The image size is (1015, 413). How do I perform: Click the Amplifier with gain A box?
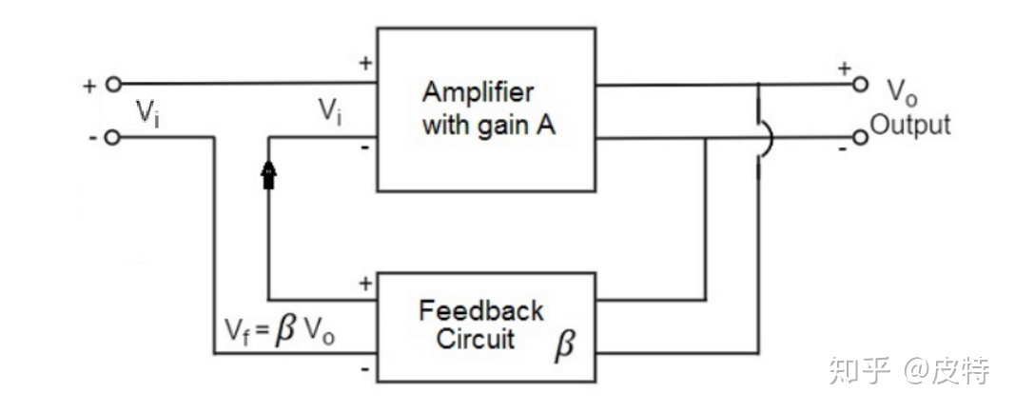(487, 109)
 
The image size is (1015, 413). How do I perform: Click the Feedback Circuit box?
(487, 326)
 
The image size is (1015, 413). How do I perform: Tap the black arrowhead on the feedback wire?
(269, 173)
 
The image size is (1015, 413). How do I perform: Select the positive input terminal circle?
(113, 84)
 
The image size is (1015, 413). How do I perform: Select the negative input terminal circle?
(113, 138)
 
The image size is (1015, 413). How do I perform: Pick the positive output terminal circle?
(860, 84)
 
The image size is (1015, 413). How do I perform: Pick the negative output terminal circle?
(860, 138)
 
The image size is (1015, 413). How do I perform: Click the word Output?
(911, 125)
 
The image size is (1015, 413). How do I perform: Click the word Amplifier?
(478, 93)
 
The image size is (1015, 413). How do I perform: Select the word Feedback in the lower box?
(480, 311)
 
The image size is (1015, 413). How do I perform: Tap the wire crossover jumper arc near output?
(767, 138)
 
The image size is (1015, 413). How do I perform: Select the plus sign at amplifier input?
(365, 64)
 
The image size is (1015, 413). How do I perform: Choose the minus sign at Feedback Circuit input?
(365, 367)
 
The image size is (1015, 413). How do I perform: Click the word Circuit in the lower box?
(476, 340)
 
